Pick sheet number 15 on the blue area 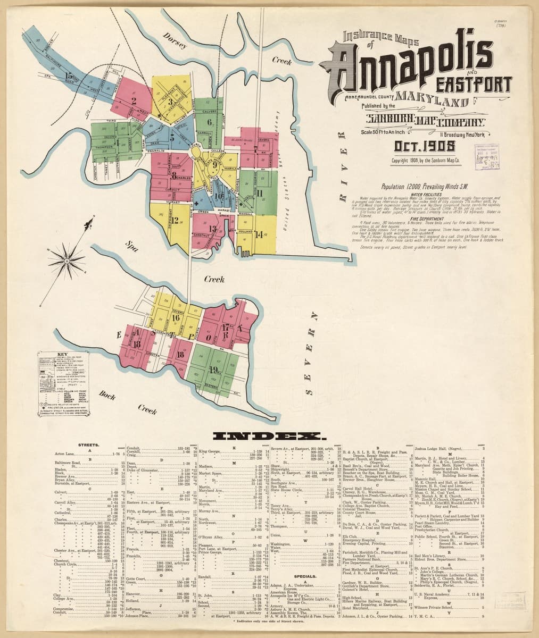tap(69, 76)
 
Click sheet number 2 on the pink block tap(134, 99)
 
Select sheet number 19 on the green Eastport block tap(214, 371)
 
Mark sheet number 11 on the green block tap(261, 192)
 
